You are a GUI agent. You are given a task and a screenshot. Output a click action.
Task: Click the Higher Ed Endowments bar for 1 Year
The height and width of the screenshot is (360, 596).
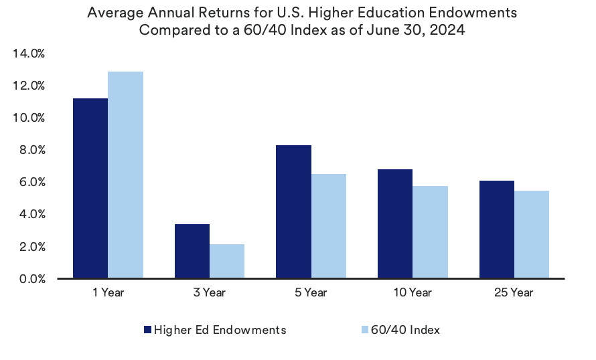click(x=90, y=188)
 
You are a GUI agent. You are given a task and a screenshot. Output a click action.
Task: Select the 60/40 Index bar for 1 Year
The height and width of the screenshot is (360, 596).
click(x=125, y=175)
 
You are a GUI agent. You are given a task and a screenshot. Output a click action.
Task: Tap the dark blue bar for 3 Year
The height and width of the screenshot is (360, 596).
click(x=192, y=251)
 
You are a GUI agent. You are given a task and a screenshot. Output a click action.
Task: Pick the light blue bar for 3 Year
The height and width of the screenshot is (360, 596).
click(x=227, y=261)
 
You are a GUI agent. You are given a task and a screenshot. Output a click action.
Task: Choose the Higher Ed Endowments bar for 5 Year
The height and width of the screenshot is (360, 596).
click(x=294, y=211)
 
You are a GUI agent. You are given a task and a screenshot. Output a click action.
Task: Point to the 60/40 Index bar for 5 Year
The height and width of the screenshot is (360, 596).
click(x=329, y=226)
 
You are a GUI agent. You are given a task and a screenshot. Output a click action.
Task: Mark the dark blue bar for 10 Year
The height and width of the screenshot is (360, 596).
click(x=395, y=223)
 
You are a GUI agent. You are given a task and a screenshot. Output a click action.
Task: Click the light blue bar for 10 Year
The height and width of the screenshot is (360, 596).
click(x=430, y=232)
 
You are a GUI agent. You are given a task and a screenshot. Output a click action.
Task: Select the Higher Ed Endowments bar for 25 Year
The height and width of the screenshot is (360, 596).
click(x=497, y=229)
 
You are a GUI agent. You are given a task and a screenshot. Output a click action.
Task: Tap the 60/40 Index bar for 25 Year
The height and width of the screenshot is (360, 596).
click(x=532, y=234)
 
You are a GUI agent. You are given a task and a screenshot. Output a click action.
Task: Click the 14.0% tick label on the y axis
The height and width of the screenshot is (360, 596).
click(x=28, y=54)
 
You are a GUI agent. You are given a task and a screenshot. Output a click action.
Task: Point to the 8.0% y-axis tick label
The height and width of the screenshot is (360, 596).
click(x=31, y=150)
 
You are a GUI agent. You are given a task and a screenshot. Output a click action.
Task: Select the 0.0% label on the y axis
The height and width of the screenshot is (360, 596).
click(x=31, y=279)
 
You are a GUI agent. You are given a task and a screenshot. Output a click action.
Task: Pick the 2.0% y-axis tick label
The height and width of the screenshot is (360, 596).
click(x=31, y=247)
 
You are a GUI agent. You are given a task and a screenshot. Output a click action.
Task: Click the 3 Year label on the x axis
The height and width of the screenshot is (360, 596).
click(x=210, y=292)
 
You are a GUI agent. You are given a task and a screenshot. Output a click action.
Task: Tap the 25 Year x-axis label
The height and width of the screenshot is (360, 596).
click(x=514, y=292)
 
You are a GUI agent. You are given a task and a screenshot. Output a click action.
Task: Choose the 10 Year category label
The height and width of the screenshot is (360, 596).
click(x=413, y=292)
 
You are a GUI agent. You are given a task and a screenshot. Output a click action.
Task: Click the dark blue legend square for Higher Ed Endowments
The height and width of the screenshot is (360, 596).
click(x=148, y=329)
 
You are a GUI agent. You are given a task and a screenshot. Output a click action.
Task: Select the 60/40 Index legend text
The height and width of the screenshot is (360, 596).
click(x=404, y=329)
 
